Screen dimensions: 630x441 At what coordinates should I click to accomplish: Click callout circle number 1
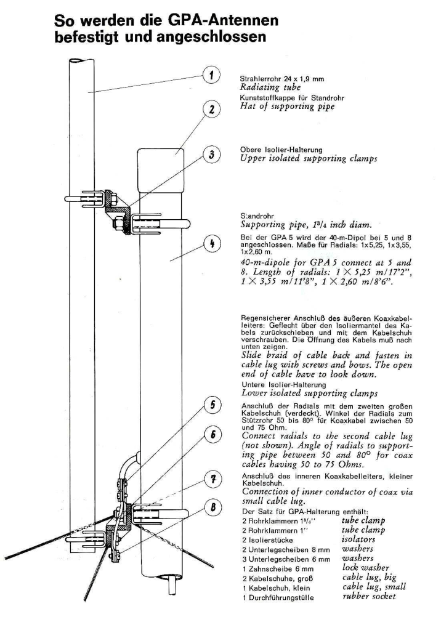[x=211, y=76]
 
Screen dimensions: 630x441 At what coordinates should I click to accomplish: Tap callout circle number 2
[x=211, y=110]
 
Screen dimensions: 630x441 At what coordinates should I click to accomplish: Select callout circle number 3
[x=211, y=155]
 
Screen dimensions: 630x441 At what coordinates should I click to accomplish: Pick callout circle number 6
[x=211, y=434]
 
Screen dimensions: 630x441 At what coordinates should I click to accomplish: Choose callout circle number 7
[x=211, y=479]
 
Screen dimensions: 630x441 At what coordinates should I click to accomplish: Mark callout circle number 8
[x=211, y=508]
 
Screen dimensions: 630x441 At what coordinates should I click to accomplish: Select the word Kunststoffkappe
[x=263, y=97]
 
